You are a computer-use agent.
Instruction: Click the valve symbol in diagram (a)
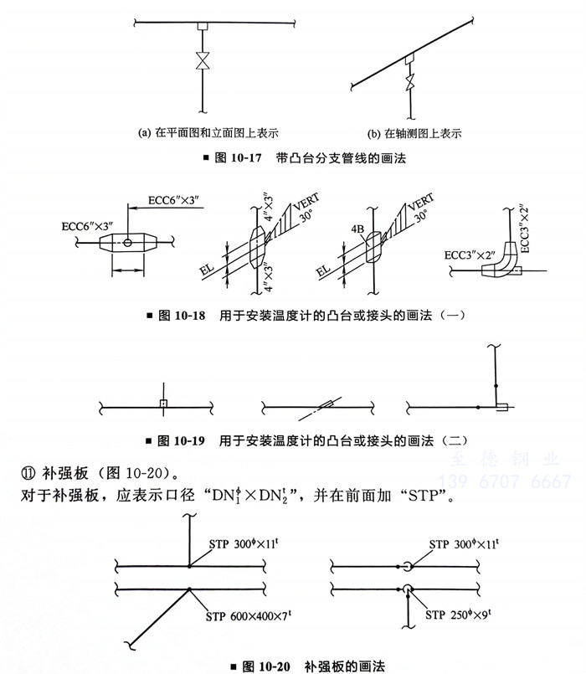pyautogui.click(x=202, y=62)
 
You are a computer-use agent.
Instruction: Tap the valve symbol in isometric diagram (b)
pyautogui.click(x=409, y=82)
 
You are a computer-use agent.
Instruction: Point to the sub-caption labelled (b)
pyautogui.click(x=414, y=132)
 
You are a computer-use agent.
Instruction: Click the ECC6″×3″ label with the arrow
pyautogui.click(x=177, y=201)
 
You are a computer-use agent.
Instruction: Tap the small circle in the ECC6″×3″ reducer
pyautogui.click(x=126, y=243)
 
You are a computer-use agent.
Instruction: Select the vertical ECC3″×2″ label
pyautogui.click(x=525, y=227)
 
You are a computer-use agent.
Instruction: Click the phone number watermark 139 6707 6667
pyautogui.click(x=500, y=481)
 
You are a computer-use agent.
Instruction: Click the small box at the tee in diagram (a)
pyautogui.click(x=202, y=28)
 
